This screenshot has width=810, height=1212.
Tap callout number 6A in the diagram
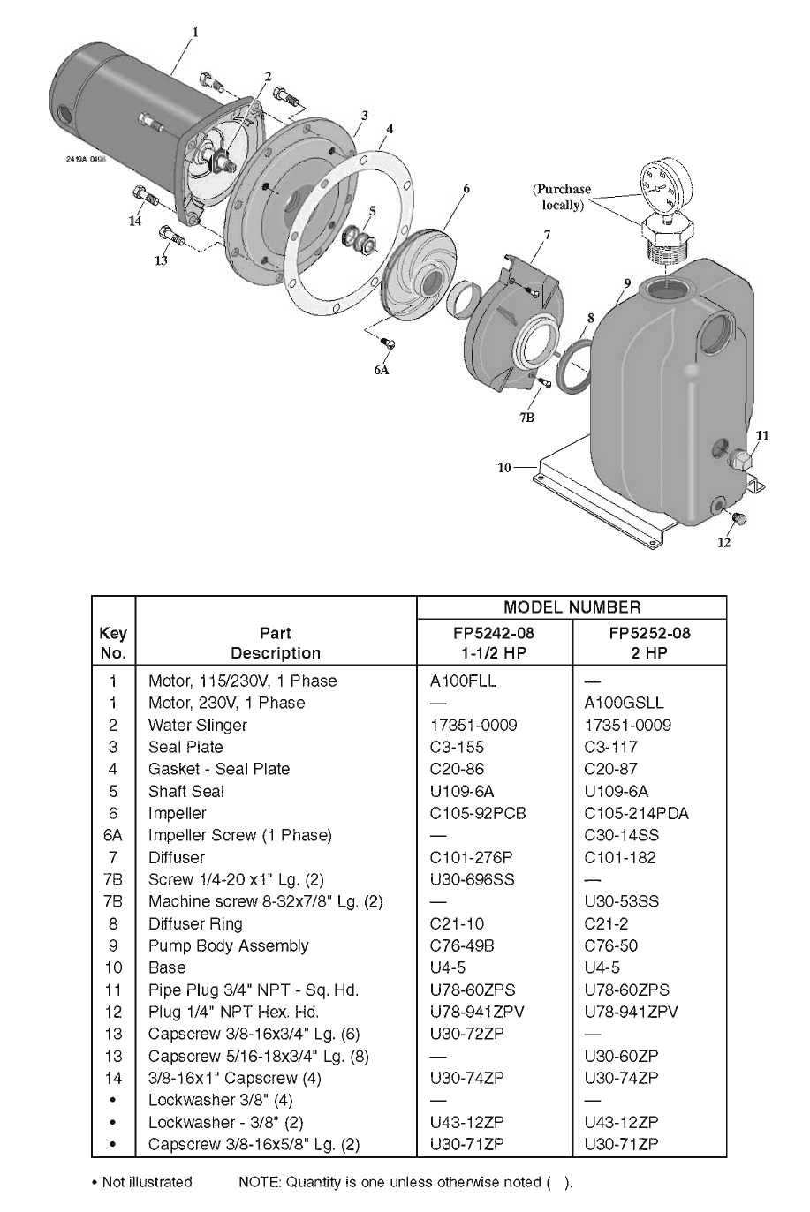(382, 370)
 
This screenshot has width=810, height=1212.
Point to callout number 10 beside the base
(504, 468)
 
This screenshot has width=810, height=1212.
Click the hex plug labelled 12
(738, 518)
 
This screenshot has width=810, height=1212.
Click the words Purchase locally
(562, 197)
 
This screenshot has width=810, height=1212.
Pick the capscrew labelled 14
(145, 197)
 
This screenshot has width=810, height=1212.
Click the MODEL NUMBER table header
(572, 607)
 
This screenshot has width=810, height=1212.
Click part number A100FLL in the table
(463, 681)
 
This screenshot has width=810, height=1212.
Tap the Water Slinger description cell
(198, 725)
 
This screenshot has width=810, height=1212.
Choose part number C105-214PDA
(636, 813)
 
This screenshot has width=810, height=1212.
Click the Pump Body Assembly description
(229, 945)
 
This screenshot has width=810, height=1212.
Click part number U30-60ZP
(621, 1056)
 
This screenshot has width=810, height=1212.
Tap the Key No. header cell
(113, 643)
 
